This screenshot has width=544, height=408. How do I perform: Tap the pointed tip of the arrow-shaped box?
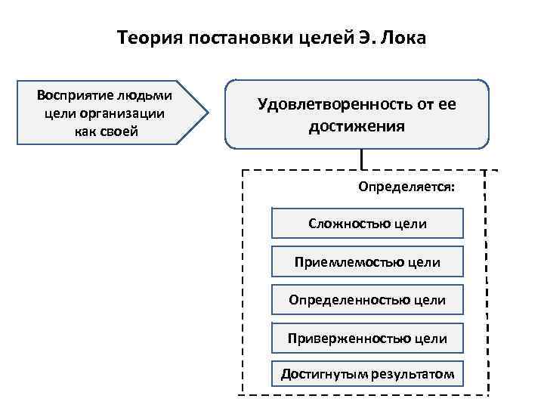pos(207,113)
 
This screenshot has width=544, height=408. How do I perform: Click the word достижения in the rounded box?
pos(357,125)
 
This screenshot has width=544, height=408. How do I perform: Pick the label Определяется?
pos(406,186)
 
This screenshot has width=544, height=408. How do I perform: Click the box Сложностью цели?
pos(367,224)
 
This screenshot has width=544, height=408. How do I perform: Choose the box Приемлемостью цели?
pos(367,262)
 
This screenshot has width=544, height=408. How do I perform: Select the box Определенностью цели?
pos(367,300)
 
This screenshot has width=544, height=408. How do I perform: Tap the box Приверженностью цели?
pos(367,338)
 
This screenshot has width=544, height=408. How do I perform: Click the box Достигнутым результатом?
pos(367,374)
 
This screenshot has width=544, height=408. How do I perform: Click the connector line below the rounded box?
pos(363,158)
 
